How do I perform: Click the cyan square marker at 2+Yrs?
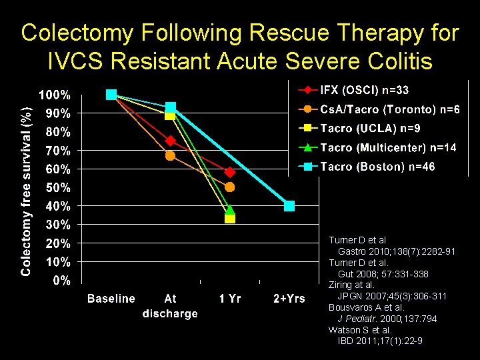289,205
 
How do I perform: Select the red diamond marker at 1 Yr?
230,172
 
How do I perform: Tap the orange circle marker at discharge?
170,155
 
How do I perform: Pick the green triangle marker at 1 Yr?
230,209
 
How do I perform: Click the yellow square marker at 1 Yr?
230,218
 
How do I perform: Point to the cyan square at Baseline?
111,95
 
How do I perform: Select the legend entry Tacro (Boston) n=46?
377,167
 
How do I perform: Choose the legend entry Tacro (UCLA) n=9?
370,128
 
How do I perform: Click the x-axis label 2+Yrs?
289,299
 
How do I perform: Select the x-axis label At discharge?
170,306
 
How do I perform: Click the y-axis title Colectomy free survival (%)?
25,183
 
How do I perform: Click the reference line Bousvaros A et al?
366,308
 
